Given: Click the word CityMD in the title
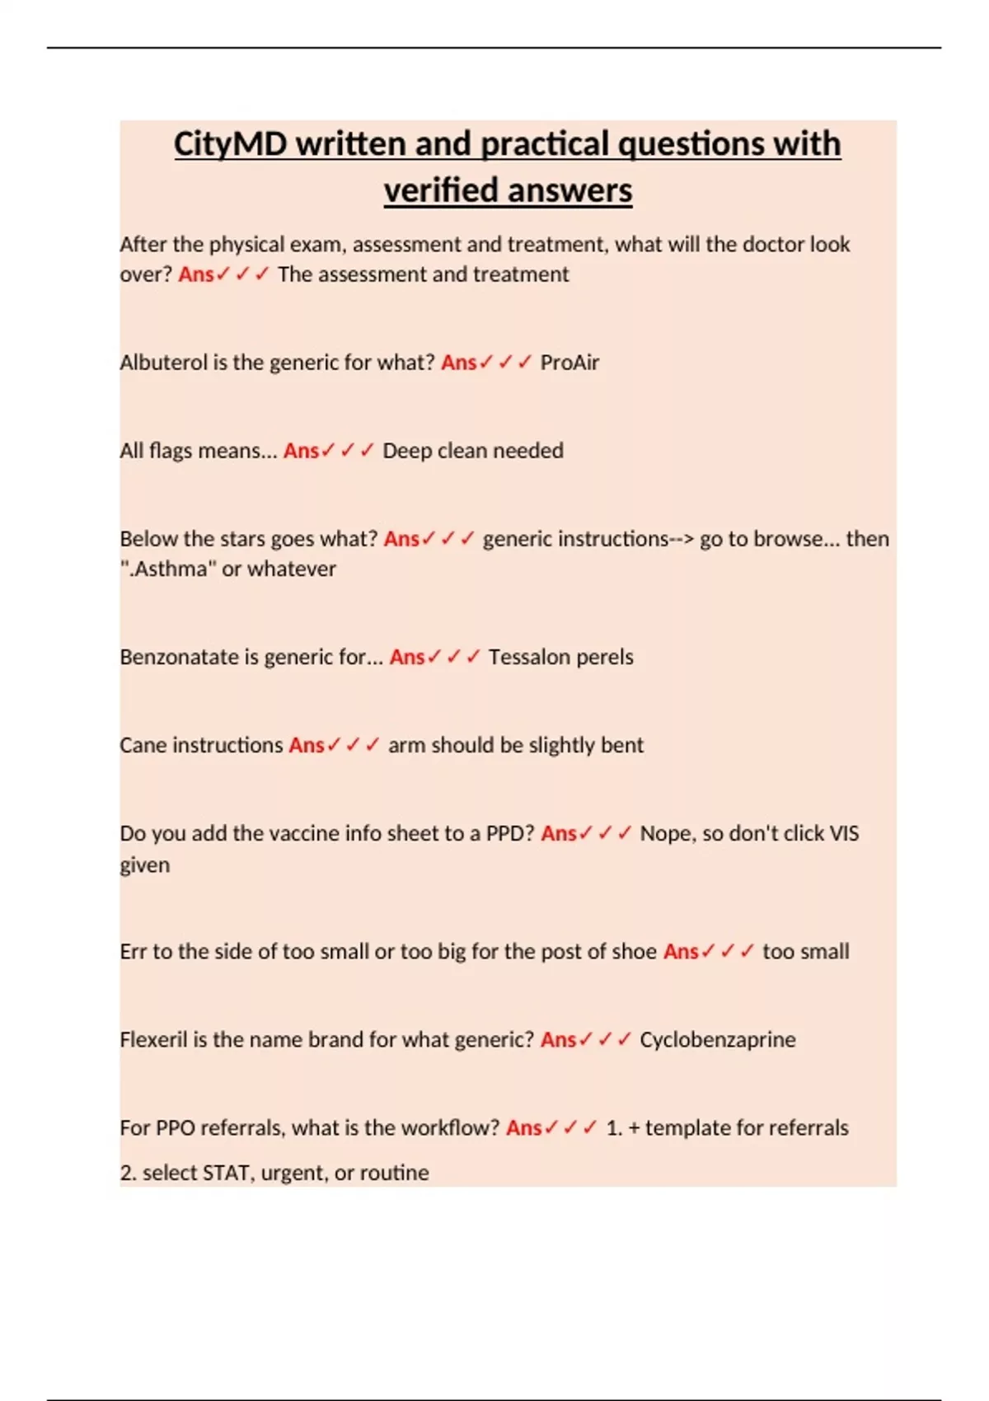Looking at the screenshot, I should click(x=230, y=144).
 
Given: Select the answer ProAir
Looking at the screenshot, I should click(x=569, y=363).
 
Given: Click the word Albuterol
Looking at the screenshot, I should click(x=163, y=363).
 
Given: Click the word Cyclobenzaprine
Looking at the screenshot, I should click(x=717, y=1039).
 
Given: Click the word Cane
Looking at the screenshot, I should click(x=143, y=745).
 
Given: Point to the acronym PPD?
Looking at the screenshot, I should click(x=510, y=833).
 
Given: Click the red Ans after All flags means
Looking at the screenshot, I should click(x=301, y=451).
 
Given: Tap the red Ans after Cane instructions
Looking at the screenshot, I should click(x=306, y=745).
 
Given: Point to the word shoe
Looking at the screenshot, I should click(x=635, y=951).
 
